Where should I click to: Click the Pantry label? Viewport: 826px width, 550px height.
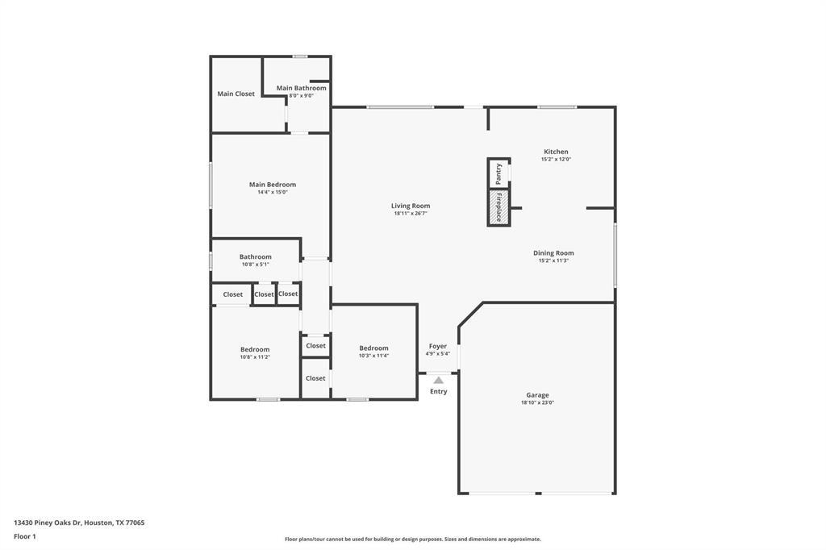tap(499, 173)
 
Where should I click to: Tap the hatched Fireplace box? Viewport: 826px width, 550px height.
tap(499, 208)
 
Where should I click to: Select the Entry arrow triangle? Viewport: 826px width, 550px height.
tap(438, 380)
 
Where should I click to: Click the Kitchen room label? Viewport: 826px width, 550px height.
tap(556, 152)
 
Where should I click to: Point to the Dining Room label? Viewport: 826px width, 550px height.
tap(553, 253)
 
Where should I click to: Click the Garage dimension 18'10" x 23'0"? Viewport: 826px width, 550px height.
tap(537, 402)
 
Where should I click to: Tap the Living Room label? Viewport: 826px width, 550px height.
tap(411, 206)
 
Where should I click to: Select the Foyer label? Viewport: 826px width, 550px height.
tap(437, 346)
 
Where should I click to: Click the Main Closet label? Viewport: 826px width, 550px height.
tap(236, 94)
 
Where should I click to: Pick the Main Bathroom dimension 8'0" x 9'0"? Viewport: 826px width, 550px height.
tap(301, 95)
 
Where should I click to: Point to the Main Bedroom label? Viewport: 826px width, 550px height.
tap(272, 185)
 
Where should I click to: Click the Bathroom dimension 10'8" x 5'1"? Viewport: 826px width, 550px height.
tap(255, 265)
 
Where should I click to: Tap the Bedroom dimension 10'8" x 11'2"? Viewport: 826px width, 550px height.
tap(254, 356)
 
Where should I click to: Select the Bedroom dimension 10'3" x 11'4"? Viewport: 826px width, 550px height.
tap(373, 356)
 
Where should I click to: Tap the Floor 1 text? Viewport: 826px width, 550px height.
tap(25, 536)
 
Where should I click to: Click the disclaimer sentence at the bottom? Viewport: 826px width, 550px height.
tap(412, 540)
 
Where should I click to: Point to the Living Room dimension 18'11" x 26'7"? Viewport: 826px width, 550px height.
tap(411, 214)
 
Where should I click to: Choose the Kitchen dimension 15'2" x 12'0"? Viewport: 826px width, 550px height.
tap(556, 160)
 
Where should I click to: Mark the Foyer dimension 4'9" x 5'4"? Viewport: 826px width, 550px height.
tap(437, 353)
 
